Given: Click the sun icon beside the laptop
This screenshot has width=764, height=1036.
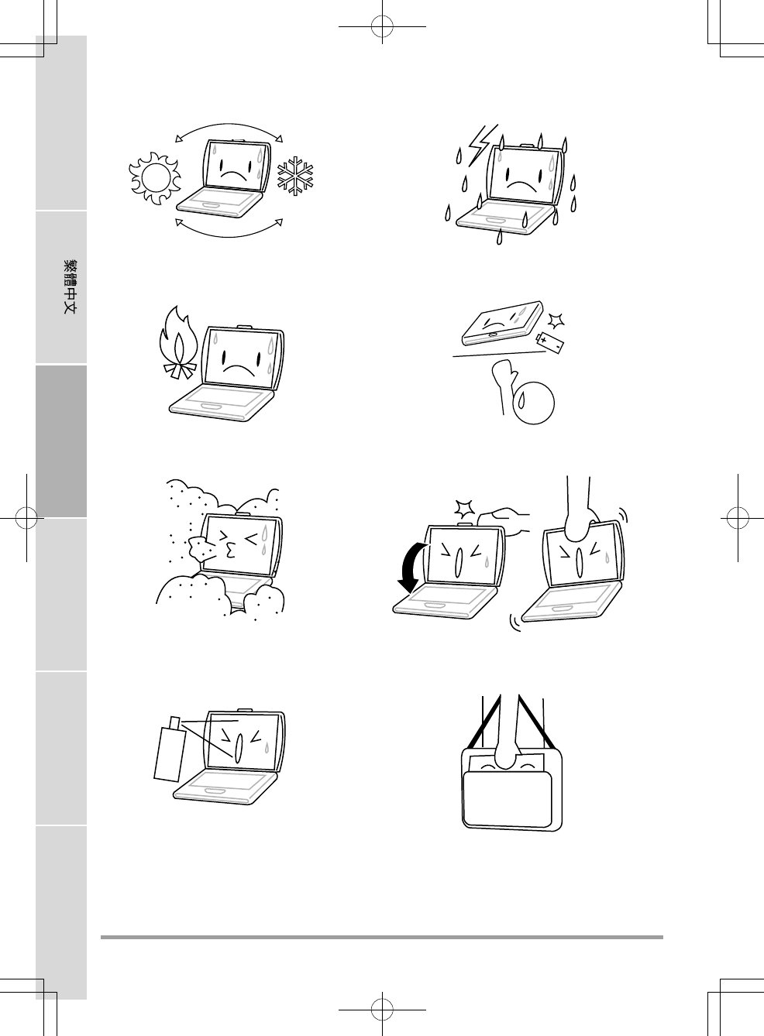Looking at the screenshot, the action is tap(155, 178).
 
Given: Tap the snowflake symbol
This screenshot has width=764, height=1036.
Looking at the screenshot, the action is tap(294, 175).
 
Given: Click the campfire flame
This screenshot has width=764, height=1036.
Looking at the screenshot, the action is tap(178, 342).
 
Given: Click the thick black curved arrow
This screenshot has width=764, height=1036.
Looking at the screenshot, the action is tap(411, 568).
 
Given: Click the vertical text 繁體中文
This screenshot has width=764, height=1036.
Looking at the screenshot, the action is tap(70, 286).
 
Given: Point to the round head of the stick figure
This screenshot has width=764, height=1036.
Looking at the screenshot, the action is tap(534, 403).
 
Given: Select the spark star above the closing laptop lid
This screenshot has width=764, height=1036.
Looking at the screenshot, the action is tap(464, 508).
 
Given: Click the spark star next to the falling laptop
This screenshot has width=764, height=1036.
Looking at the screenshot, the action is tap(556, 321).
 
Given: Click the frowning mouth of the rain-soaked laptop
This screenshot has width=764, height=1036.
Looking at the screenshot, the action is tap(521, 184).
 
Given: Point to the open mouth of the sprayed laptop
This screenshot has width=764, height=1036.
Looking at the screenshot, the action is tap(239, 748).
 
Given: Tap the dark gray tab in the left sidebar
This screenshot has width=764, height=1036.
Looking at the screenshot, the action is tap(61, 441).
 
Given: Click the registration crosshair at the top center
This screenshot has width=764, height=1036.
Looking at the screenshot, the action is tap(382, 26).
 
